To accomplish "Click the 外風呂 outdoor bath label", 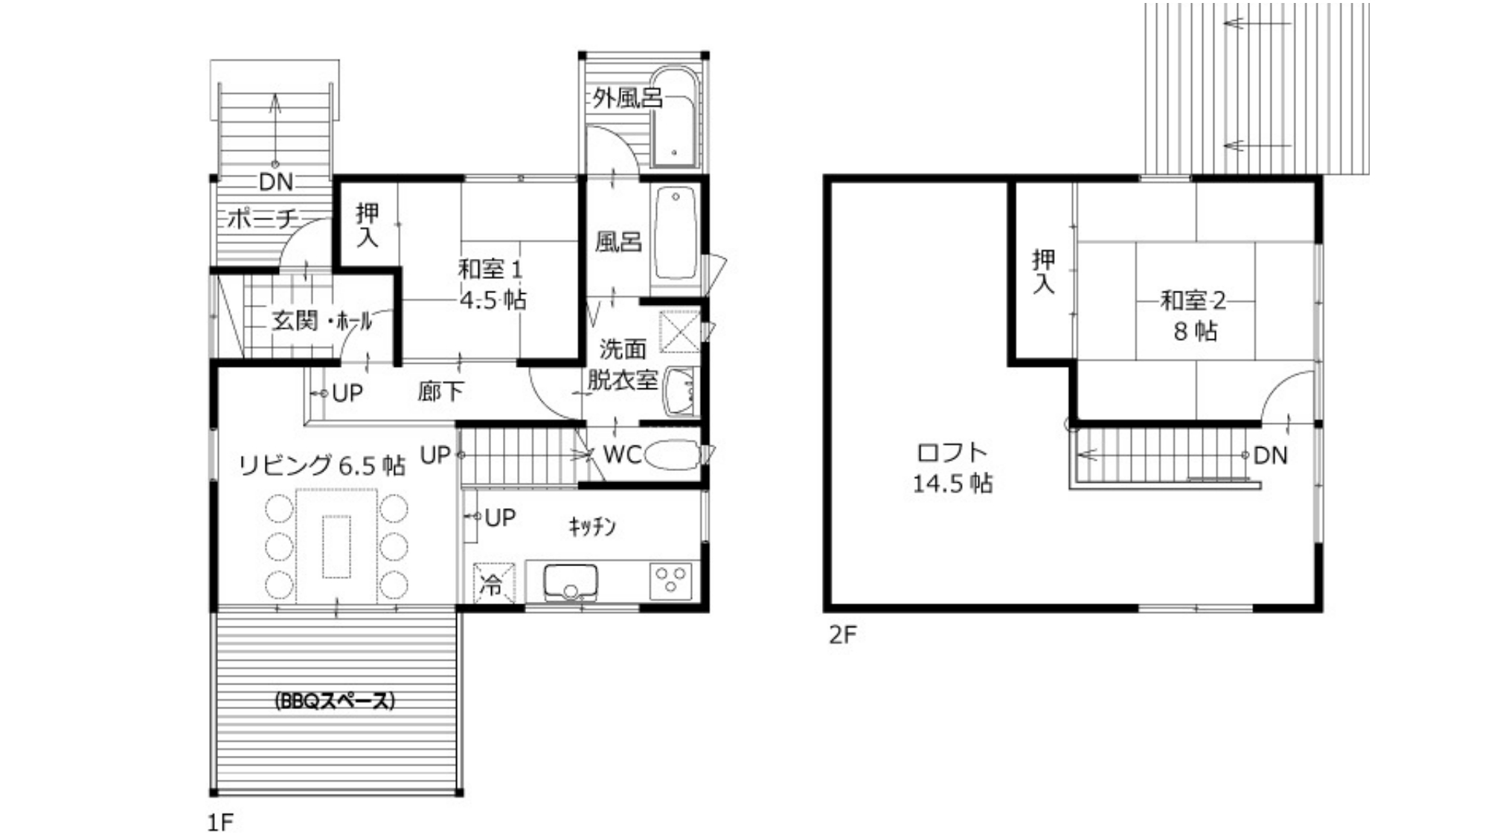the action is (627, 97).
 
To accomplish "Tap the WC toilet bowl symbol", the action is (671, 454).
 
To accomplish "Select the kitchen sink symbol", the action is (571, 582).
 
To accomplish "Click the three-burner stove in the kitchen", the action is (670, 581).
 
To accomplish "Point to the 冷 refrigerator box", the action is (494, 583).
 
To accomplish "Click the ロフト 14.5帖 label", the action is (952, 468).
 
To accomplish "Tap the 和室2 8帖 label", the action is (1194, 315).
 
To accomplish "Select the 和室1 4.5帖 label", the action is (493, 284).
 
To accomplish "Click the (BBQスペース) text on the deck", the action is (334, 701).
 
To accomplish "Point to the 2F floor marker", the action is (843, 635).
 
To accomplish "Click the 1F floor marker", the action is (220, 822).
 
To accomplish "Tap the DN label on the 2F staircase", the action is (1270, 455).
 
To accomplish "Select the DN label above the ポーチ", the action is (276, 182).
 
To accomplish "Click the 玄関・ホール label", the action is (321, 321).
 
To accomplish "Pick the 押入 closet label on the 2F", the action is (1043, 271).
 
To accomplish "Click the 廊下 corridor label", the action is (440, 391).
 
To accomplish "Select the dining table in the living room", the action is (336, 547).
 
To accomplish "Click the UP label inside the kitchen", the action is (500, 518).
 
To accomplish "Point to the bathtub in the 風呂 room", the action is (675, 232).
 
